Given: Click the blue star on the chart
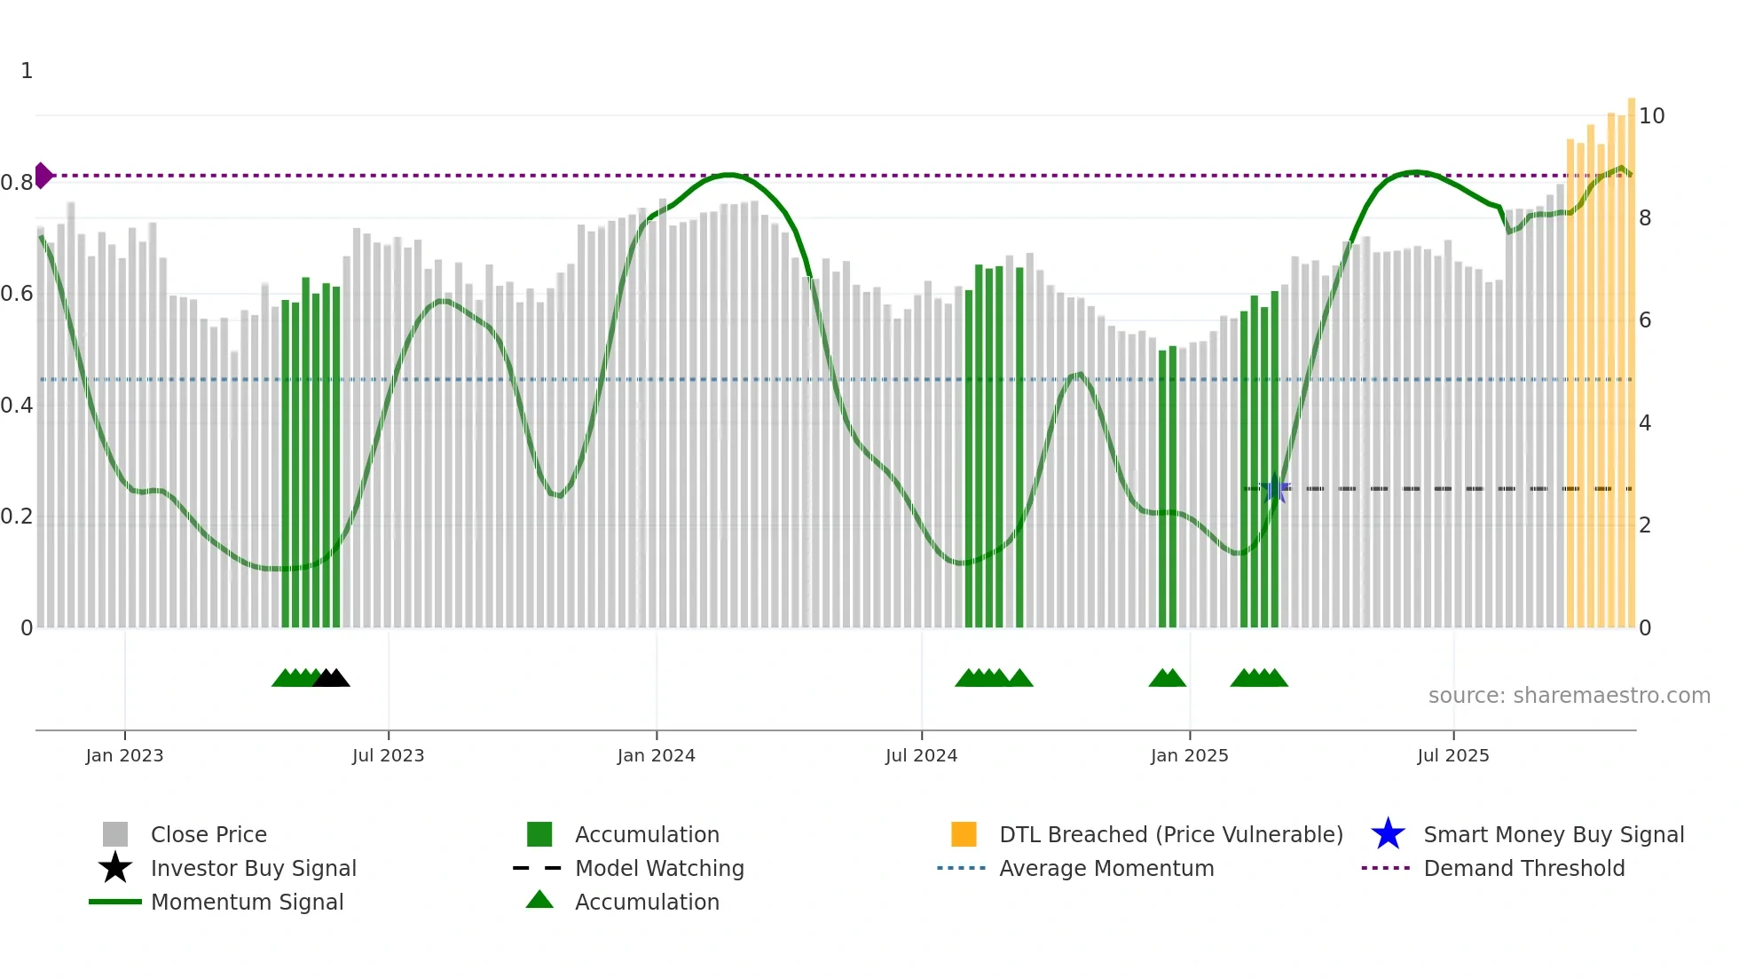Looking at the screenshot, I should point(1276,488).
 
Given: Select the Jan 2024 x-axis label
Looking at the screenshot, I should point(656,755).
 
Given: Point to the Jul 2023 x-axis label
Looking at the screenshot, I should point(388,755).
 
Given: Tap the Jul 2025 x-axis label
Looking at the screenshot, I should point(1452,755).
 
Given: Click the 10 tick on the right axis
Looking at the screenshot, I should point(1651,116).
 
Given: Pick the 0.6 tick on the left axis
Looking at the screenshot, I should point(17,294).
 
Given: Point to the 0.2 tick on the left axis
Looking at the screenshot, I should point(17,517).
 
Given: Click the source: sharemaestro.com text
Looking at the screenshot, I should point(1569,696).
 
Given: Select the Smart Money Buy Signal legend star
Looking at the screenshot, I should point(1388,834).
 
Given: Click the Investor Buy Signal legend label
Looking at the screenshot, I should point(253,868).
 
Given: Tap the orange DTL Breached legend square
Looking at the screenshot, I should point(964,834).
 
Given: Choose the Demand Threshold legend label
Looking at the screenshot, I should point(1523,868).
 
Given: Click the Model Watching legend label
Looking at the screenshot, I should point(659,868).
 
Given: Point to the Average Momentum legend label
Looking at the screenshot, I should point(1106,868).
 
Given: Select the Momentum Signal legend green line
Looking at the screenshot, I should point(115,902).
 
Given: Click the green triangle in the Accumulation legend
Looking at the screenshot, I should point(539,900).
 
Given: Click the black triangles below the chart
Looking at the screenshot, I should point(332,678).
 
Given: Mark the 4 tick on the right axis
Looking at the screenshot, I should point(1645,423).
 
